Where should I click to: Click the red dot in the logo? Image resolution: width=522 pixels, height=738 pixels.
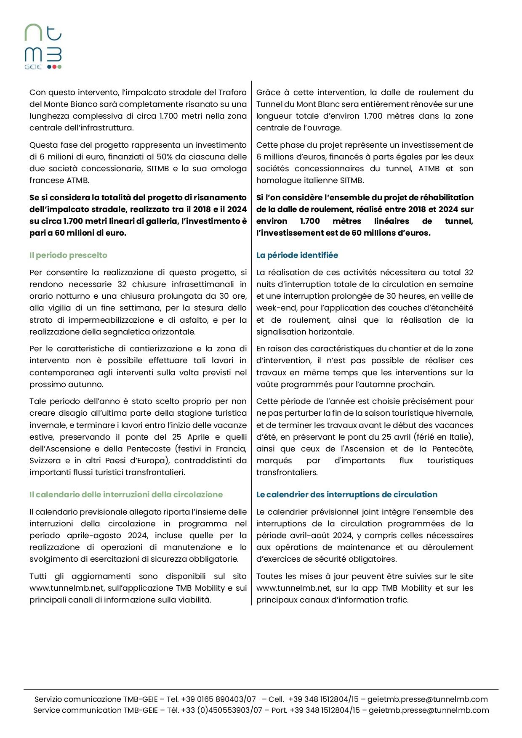(54, 67)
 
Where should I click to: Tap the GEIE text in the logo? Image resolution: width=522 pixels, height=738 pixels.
(33, 67)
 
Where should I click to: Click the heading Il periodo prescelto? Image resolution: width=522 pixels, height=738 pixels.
(68, 255)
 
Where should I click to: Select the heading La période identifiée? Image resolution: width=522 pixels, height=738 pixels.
(297, 255)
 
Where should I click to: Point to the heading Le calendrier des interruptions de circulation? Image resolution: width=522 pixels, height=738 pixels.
(346, 494)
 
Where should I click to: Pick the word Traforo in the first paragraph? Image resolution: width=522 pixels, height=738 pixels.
(232, 93)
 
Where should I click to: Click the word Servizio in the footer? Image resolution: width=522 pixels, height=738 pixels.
(48, 699)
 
